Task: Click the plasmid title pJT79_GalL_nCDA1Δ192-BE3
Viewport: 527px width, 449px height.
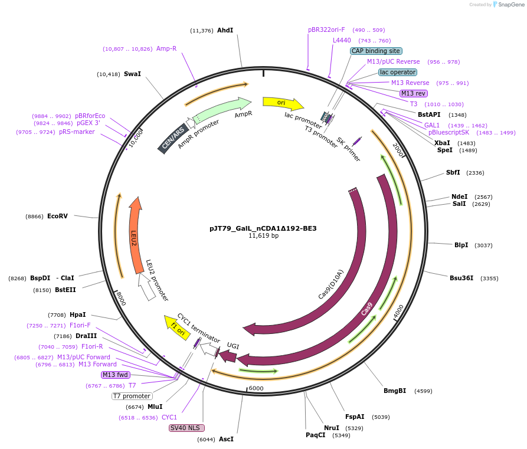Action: [x=263, y=228]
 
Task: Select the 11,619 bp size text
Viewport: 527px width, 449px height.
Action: [x=263, y=236]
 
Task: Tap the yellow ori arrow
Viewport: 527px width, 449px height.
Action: [x=282, y=103]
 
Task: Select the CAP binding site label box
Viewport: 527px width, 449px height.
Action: [x=376, y=51]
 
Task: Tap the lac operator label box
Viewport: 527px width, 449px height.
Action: [x=397, y=72]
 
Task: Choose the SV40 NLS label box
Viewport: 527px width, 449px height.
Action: [x=186, y=428]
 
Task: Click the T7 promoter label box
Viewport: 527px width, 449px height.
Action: [x=132, y=396]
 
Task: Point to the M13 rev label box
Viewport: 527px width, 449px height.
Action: [x=413, y=93]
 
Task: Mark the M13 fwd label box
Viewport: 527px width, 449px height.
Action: [x=115, y=375]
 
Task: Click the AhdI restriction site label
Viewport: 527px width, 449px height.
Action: [x=225, y=30]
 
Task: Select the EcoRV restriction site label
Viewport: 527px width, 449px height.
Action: [x=57, y=216]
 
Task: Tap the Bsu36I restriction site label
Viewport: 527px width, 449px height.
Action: [x=461, y=278]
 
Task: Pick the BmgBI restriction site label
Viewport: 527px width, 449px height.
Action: [x=395, y=391]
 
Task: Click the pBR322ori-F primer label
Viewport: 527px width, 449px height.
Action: [x=326, y=30]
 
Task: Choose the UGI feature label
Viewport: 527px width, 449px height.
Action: [x=233, y=346]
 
